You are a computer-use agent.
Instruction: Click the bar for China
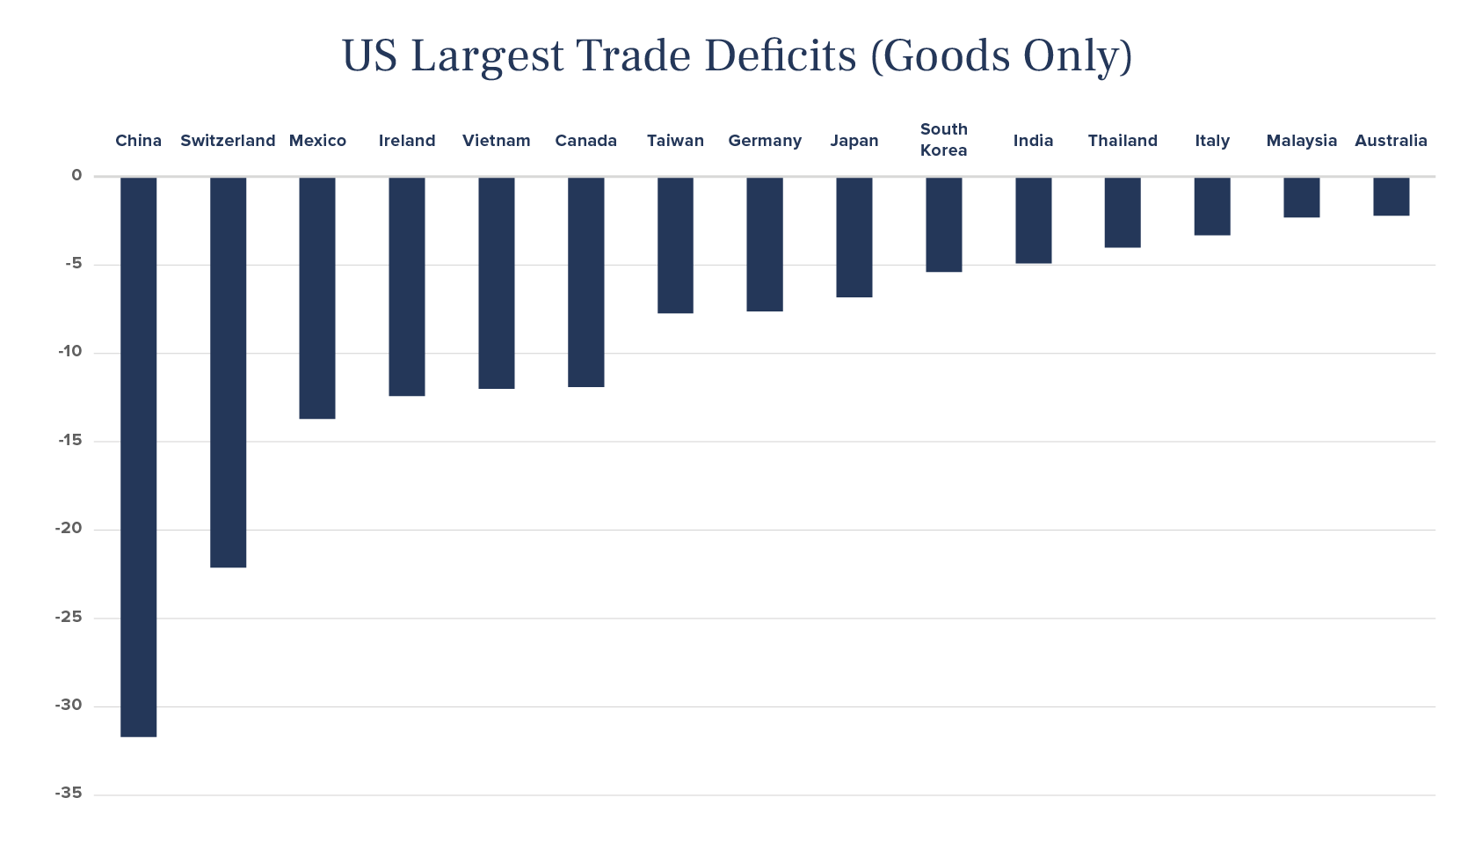click(x=138, y=457)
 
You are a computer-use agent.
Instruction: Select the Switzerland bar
click(x=228, y=372)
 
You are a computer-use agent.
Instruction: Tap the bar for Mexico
click(x=317, y=297)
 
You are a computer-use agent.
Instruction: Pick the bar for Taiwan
click(x=675, y=245)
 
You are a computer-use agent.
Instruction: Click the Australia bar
click(x=1391, y=196)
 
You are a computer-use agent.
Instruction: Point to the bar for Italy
click(x=1212, y=206)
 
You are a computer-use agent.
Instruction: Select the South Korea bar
click(x=943, y=224)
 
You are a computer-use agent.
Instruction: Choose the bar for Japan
click(x=854, y=237)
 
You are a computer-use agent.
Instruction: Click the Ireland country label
click(x=407, y=141)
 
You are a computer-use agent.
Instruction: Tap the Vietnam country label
click(x=497, y=141)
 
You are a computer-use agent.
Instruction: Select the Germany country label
click(x=765, y=141)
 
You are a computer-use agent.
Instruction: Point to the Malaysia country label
click(x=1301, y=141)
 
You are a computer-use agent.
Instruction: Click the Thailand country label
click(x=1123, y=141)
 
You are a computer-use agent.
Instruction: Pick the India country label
click(x=1033, y=141)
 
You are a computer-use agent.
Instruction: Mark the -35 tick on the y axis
click(x=69, y=794)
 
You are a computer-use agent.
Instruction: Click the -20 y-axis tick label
click(x=69, y=529)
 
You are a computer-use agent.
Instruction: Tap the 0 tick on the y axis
click(x=76, y=175)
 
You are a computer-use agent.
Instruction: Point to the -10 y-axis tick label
click(x=69, y=352)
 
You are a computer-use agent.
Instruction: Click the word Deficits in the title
click(x=780, y=55)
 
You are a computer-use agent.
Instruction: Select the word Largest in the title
click(x=487, y=57)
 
